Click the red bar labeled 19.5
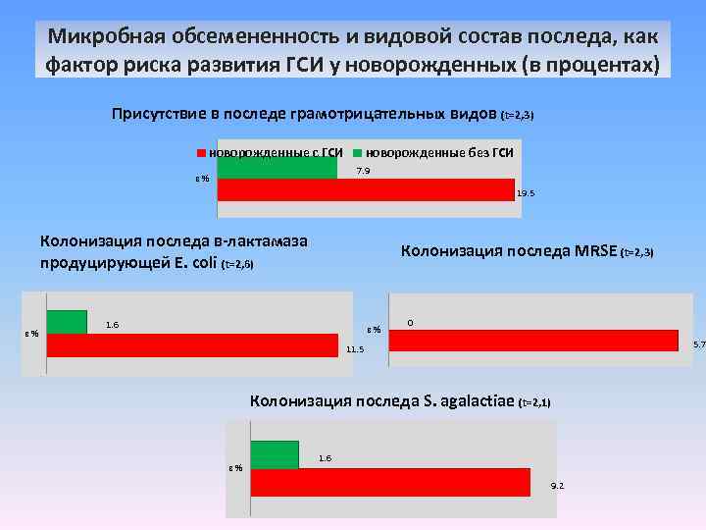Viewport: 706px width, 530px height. coord(365,190)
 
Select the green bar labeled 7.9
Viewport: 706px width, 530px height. coord(277,169)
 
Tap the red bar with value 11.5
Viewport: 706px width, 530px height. coord(192,345)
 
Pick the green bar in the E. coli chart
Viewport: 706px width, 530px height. coord(67,322)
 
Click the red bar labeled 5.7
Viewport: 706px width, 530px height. coord(534,340)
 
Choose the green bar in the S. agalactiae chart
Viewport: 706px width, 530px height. coord(275,454)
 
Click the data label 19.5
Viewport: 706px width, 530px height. coord(526,194)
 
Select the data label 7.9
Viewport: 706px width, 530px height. coord(363,172)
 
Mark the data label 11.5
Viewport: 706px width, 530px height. coord(355,349)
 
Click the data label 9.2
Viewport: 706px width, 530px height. coord(557,486)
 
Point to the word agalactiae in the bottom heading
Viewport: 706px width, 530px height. coord(477,400)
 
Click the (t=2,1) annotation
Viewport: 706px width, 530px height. coord(534,402)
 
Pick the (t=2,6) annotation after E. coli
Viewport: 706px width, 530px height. coord(238,264)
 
